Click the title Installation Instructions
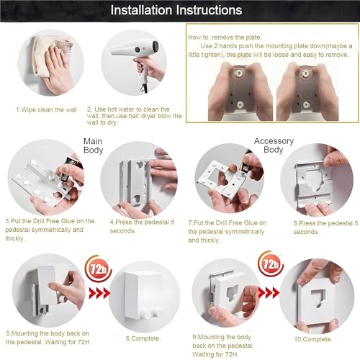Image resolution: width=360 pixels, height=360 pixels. pyautogui.click(x=180, y=10)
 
